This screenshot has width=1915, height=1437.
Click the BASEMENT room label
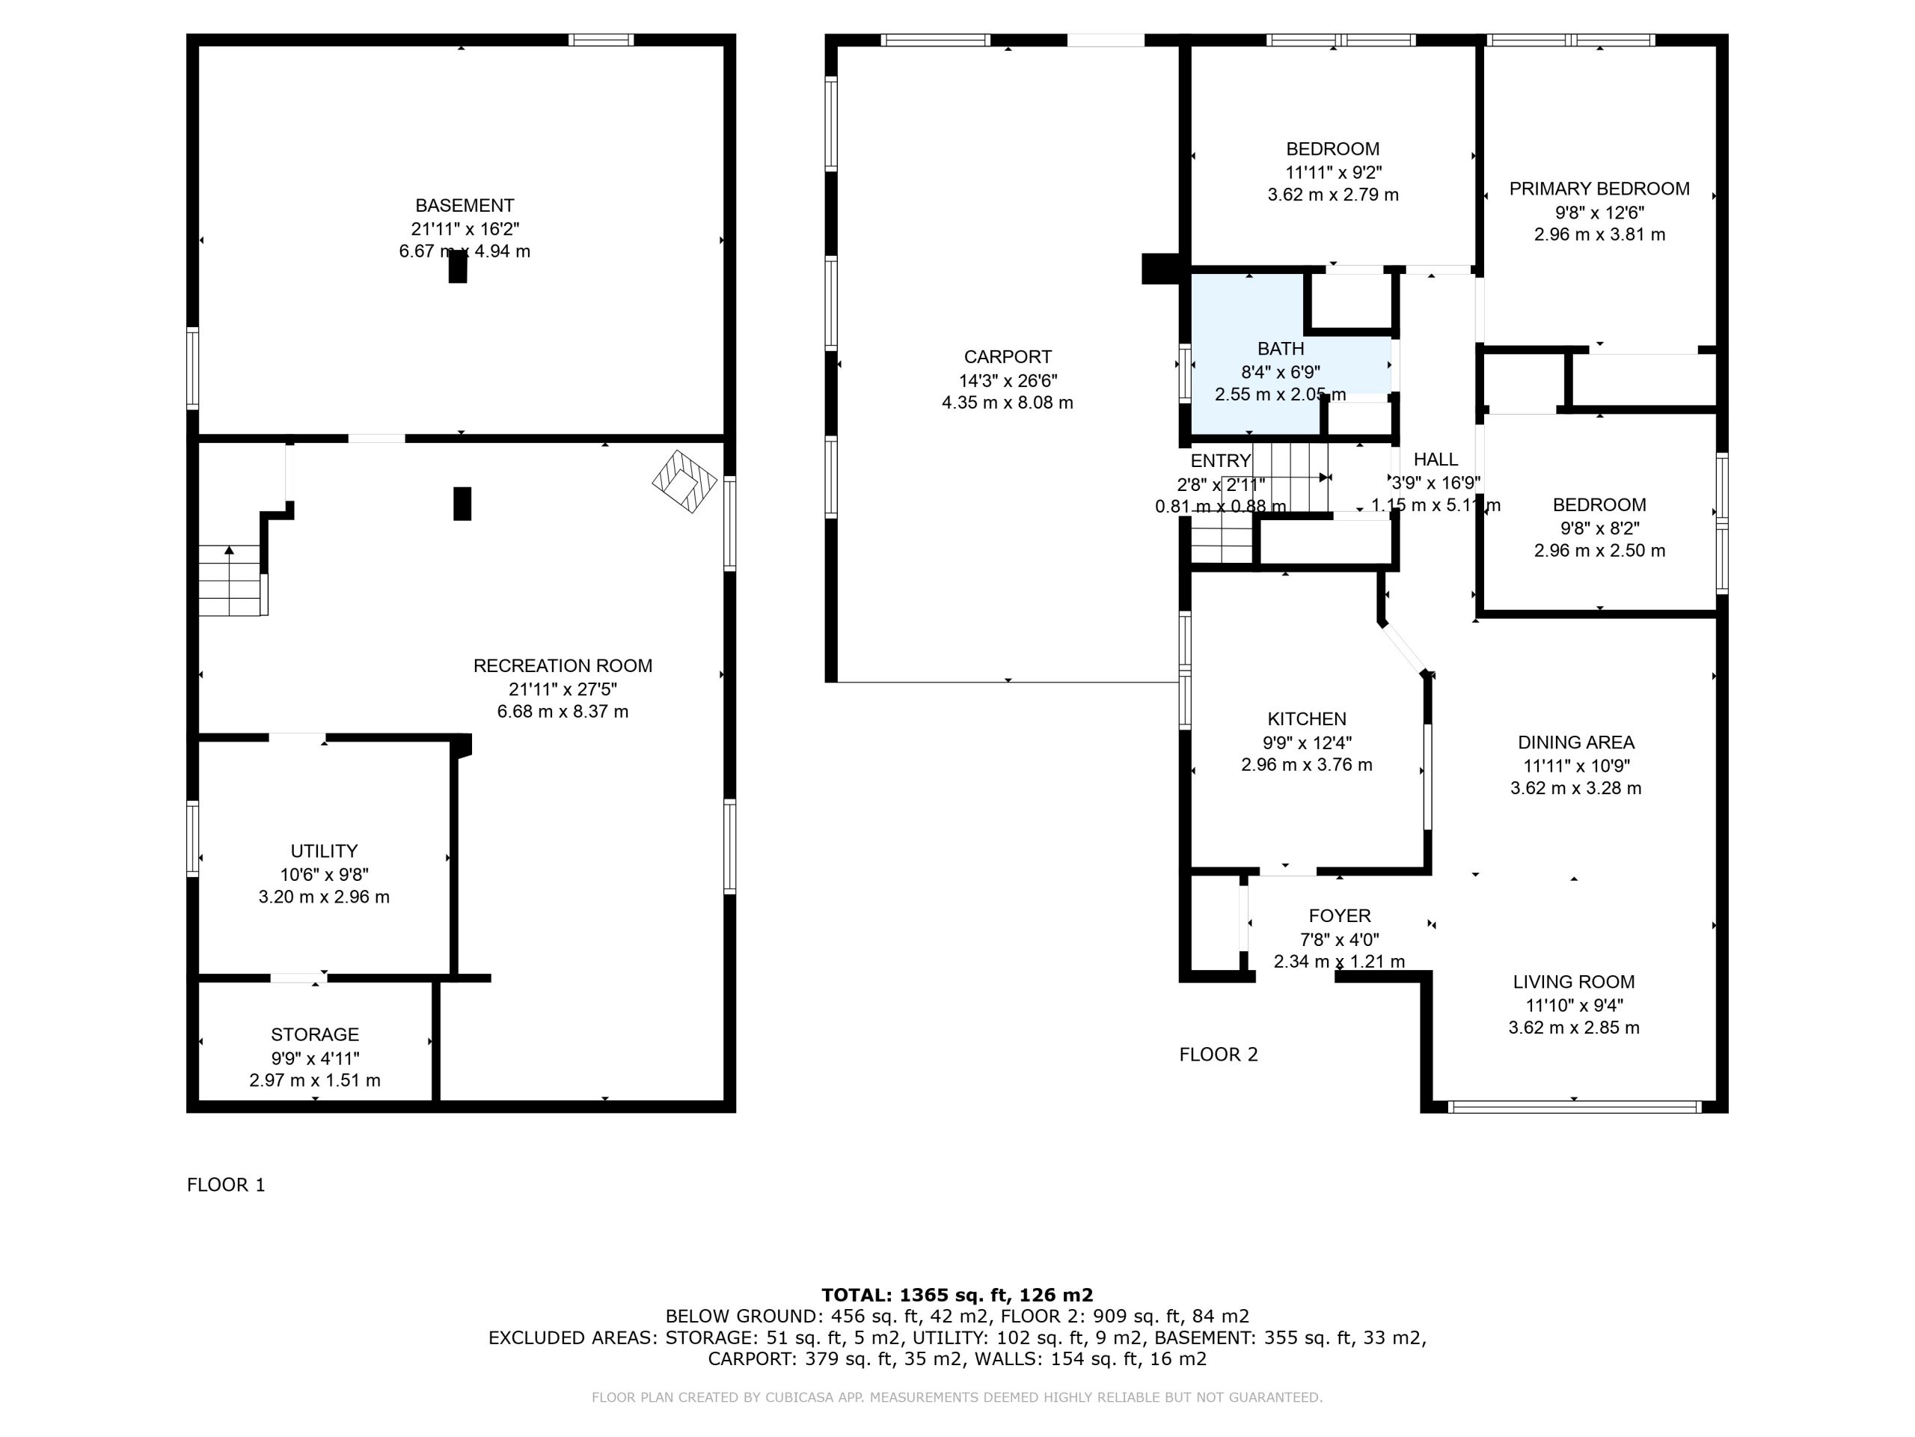click(x=465, y=206)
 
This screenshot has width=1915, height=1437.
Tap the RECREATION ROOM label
click(x=563, y=666)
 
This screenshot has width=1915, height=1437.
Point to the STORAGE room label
click(x=315, y=1035)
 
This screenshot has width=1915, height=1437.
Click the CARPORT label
click(x=1008, y=357)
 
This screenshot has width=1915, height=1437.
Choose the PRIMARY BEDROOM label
click(x=1599, y=189)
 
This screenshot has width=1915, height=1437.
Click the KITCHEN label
click(x=1306, y=719)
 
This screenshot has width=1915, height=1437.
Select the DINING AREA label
click(x=1575, y=742)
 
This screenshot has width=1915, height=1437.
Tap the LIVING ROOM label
click(x=1574, y=982)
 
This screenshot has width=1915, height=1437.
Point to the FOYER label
click(x=1339, y=916)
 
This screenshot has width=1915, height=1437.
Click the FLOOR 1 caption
click(x=226, y=1185)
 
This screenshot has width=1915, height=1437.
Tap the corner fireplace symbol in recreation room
click(x=684, y=481)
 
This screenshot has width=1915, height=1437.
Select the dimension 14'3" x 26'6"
click(x=1008, y=380)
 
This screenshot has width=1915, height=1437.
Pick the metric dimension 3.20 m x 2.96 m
click(x=324, y=897)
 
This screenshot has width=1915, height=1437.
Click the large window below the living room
click(x=1574, y=1107)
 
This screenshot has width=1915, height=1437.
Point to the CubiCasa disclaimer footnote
click(x=957, y=1397)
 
